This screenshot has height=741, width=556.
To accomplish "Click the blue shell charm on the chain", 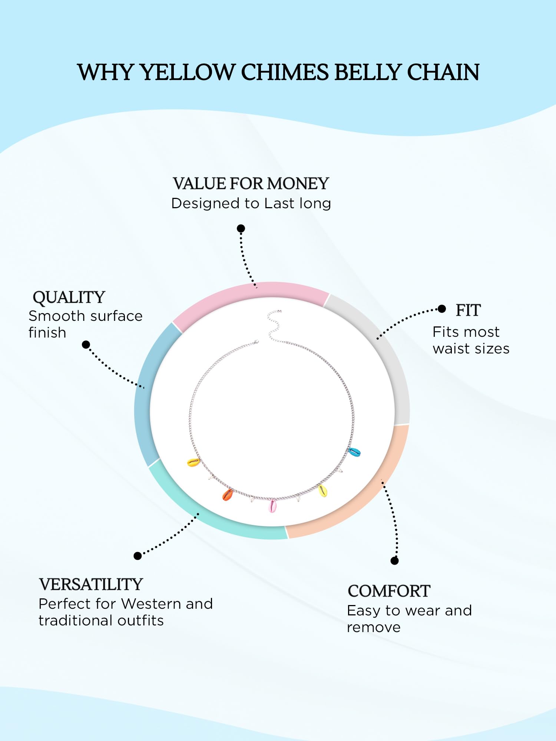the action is [354, 452].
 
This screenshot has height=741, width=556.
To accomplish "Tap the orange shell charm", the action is [228, 494].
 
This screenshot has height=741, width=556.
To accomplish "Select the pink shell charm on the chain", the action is [272, 506].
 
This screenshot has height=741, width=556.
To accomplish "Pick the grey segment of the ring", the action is [385, 352].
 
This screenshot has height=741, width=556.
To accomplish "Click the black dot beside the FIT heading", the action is [441, 309].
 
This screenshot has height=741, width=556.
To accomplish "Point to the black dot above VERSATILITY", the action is [138, 556].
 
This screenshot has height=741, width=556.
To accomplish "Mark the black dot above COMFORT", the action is [395, 561].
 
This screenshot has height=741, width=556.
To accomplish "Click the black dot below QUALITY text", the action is [86, 345].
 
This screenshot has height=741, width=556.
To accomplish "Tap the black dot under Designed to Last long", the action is [241, 228].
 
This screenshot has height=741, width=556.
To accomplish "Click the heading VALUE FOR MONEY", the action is [251, 183].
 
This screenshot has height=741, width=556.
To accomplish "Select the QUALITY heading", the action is [69, 298].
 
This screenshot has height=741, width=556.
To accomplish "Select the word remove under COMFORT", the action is [374, 627].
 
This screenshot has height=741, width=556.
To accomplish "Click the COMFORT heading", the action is [389, 591].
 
